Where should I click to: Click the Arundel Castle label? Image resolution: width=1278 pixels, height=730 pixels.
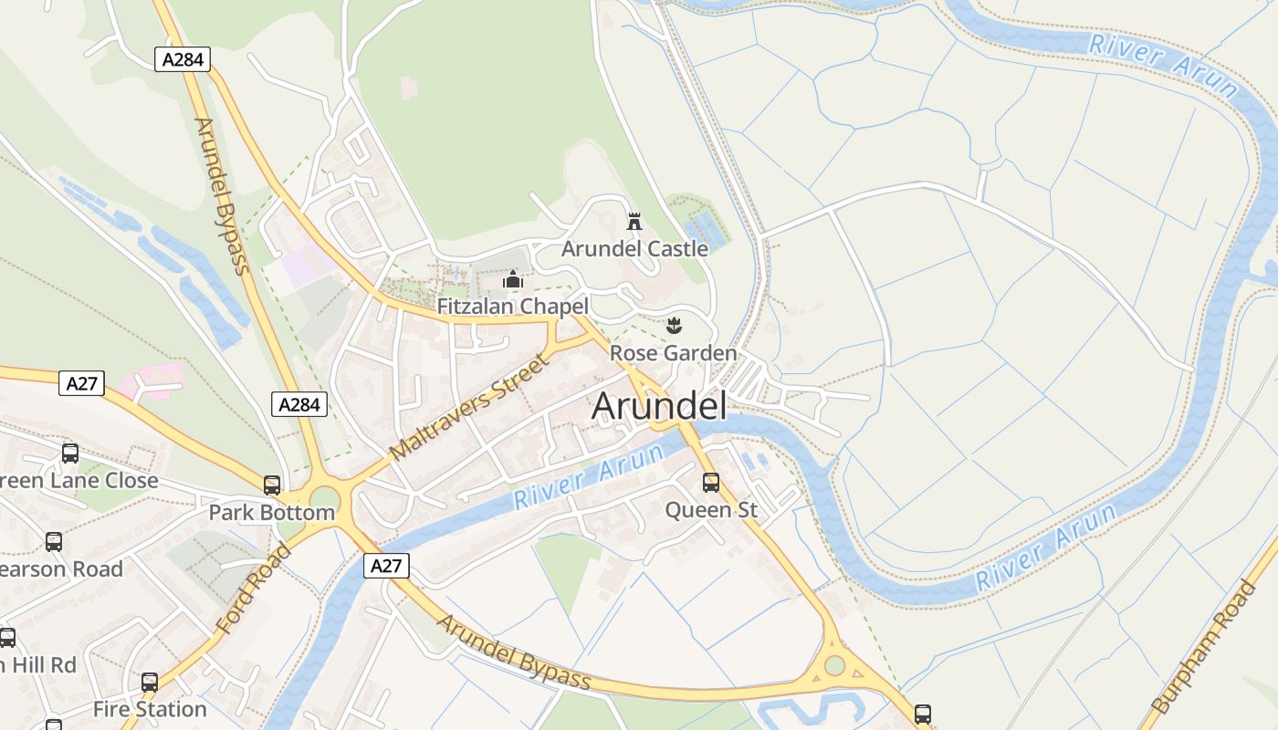pyautogui.click(x=634, y=248)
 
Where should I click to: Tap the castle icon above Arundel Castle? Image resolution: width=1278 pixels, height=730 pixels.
pyautogui.click(x=634, y=221)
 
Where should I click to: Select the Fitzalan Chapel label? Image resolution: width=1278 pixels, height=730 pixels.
pyautogui.click(x=512, y=307)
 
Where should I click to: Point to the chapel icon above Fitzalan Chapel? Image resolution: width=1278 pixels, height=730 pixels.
pyautogui.click(x=513, y=279)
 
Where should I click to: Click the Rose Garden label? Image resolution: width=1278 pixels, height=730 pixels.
pyautogui.click(x=673, y=353)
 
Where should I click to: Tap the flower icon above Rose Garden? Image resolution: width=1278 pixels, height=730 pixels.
pyautogui.click(x=674, y=326)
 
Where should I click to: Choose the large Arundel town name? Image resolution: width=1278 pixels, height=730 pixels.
pyautogui.click(x=659, y=406)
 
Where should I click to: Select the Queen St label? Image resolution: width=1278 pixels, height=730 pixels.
pyautogui.click(x=711, y=509)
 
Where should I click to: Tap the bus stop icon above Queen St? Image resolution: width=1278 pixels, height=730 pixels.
pyautogui.click(x=711, y=483)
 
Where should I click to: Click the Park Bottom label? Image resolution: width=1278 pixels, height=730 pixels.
pyautogui.click(x=272, y=512)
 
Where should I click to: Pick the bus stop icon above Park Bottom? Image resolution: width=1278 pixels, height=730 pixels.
pyautogui.click(x=272, y=485)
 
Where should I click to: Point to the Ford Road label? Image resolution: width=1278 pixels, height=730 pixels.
pyautogui.click(x=254, y=589)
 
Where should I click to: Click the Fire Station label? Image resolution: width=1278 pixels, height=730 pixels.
pyautogui.click(x=150, y=709)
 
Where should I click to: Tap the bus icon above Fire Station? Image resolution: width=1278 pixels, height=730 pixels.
pyautogui.click(x=150, y=682)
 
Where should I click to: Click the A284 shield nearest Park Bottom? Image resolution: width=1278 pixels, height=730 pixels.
pyautogui.click(x=299, y=404)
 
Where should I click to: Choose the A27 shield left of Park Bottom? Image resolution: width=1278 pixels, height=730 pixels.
pyautogui.click(x=82, y=383)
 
